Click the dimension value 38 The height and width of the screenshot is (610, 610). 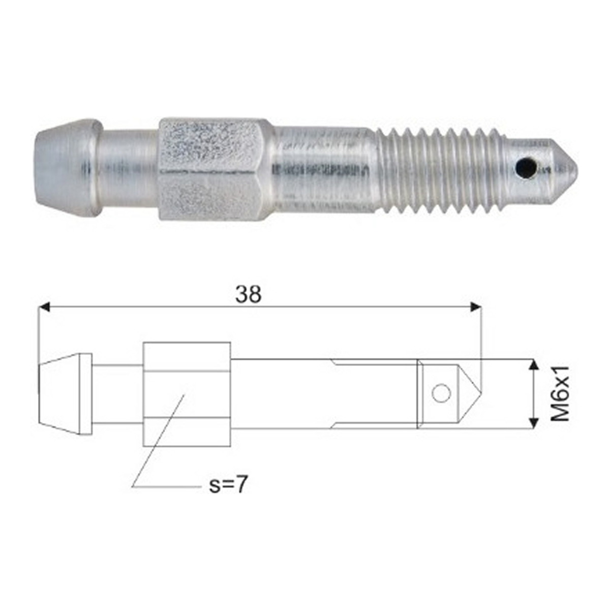pyautogui.click(x=249, y=294)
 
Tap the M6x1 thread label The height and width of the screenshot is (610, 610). pyautogui.click(x=560, y=393)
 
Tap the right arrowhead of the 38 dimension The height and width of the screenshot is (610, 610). pyautogui.click(x=475, y=307)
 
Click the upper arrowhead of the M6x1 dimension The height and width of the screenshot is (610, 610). pyautogui.click(x=534, y=365)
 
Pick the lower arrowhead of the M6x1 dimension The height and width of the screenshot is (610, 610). pyautogui.click(x=534, y=422)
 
